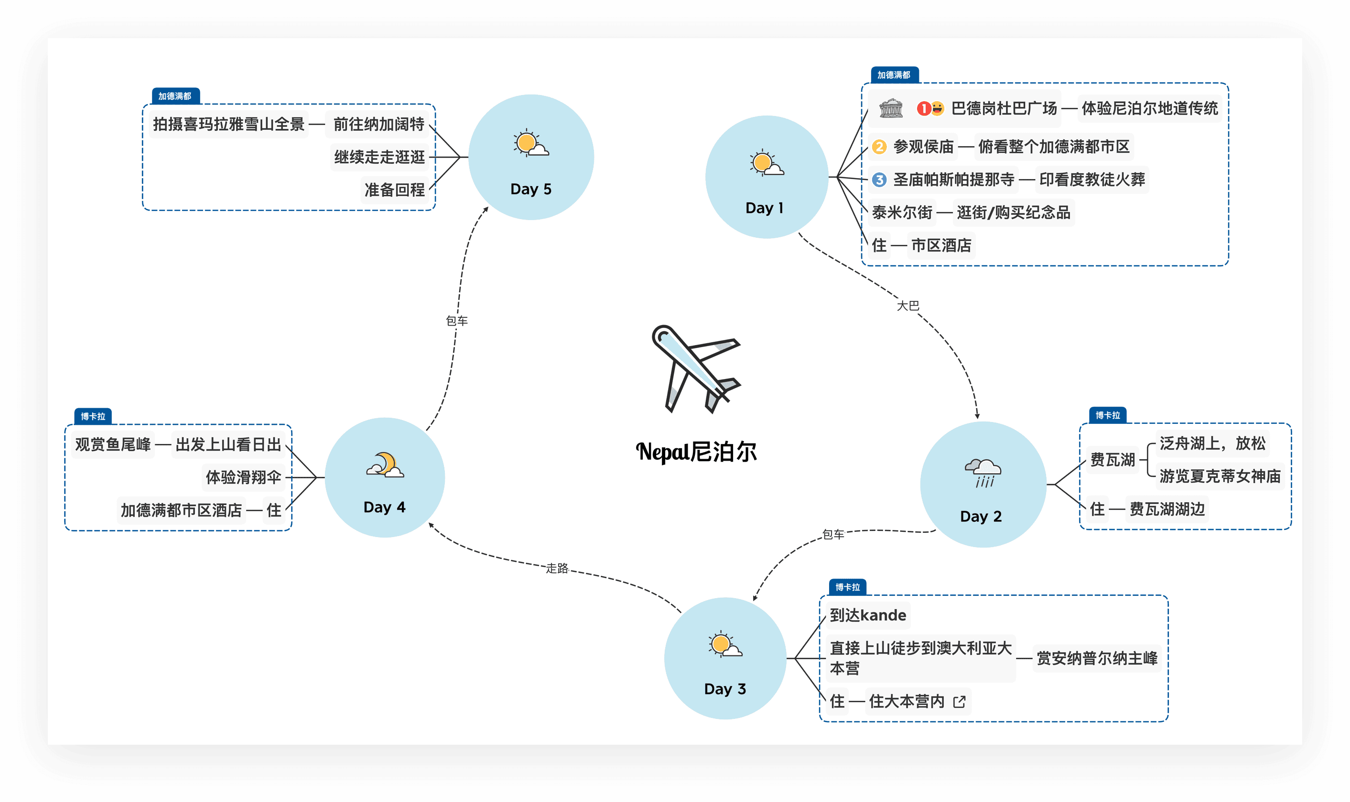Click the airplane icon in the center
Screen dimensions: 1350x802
(x=695, y=369)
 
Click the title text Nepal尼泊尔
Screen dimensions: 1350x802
(x=696, y=452)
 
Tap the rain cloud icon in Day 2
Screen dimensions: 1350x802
(x=983, y=472)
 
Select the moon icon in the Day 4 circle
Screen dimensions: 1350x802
(x=385, y=465)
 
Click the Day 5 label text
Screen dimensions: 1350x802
(x=530, y=189)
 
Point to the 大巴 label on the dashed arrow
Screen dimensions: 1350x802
(x=907, y=306)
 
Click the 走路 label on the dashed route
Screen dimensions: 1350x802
(x=557, y=568)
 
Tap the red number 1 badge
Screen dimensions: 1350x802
(x=923, y=109)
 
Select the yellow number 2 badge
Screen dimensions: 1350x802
(x=879, y=147)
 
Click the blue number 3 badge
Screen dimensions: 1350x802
(x=879, y=179)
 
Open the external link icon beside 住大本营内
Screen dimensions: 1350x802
(x=959, y=701)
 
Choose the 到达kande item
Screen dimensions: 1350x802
(x=867, y=615)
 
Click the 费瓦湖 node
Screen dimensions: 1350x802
(x=1112, y=460)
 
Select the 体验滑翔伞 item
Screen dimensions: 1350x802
(x=243, y=477)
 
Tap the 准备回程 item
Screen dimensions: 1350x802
(x=395, y=190)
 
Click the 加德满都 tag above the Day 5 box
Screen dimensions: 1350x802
(x=175, y=96)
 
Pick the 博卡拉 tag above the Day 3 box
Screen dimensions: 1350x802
(x=848, y=587)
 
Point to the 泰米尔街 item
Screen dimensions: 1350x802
(x=902, y=212)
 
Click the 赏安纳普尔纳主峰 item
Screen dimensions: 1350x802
(x=1097, y=658)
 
